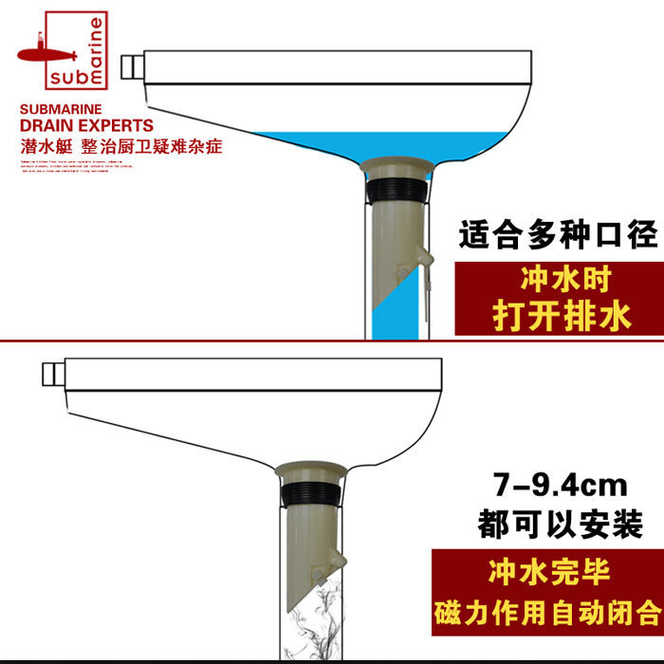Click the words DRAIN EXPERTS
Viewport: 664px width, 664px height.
85,126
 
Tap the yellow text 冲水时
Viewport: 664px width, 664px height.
562,281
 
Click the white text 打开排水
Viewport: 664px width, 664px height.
562,316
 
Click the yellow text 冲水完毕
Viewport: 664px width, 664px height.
547,572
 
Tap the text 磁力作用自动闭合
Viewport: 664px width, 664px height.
547,608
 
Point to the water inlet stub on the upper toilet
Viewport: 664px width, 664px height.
131,68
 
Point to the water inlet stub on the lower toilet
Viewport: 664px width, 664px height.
51,375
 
